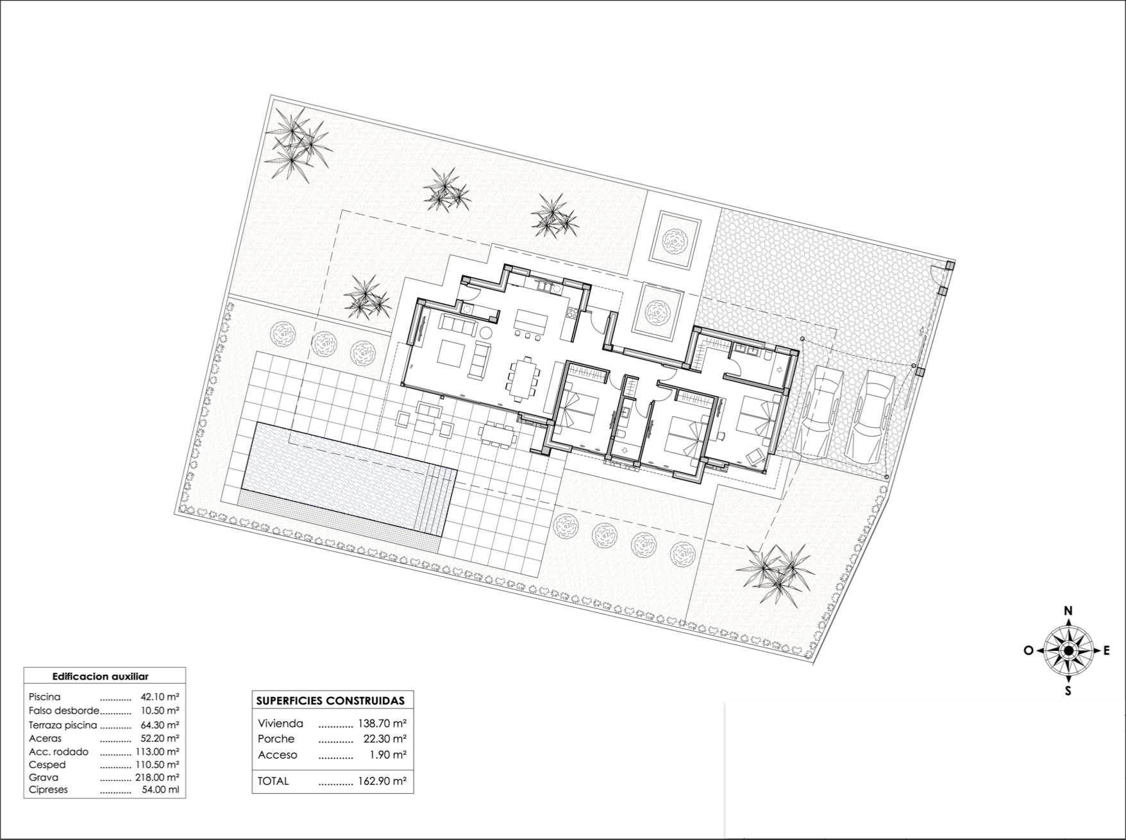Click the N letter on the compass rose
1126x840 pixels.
point(1068,611)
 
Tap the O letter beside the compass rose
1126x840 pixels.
point(1029,650)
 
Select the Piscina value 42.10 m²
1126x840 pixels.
point(160,696)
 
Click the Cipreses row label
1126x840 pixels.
point(48,790)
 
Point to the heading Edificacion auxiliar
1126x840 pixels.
point(100,676)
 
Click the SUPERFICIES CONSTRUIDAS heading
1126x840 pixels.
point(330,701)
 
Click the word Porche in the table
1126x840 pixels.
point(276,739)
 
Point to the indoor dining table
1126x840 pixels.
point(525,379)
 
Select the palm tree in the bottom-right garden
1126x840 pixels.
point(775,572)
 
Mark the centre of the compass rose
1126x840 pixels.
point(1068,651)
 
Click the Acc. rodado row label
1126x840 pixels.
point(59,752)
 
